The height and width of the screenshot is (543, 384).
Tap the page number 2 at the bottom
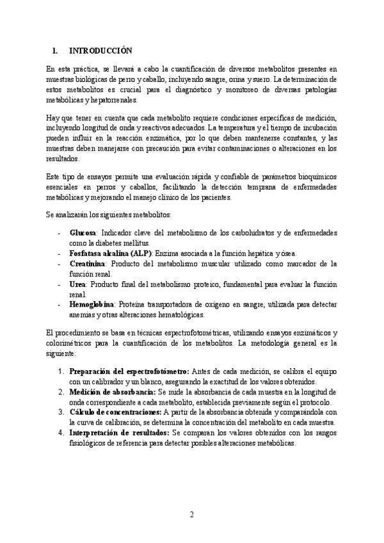[x=191, y=515]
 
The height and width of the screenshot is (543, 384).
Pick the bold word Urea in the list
[x=78, y=284]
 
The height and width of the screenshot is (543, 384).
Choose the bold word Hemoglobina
[x=92, y=305]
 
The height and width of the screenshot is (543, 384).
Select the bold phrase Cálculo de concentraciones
[x=116, y=412]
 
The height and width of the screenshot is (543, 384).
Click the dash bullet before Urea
[x=60, y=284]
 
